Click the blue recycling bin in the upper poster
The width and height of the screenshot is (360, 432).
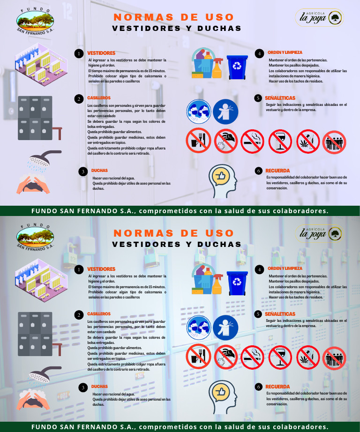237,67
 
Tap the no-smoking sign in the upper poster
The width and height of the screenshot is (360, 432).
253,141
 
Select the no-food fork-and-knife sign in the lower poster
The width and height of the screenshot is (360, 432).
198,358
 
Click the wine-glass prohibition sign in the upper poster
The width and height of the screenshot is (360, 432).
280,141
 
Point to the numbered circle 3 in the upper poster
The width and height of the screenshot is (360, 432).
82,171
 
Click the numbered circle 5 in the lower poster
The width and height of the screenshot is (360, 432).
258,314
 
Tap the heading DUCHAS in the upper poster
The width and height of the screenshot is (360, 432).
99,171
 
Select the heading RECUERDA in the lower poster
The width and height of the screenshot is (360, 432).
277,387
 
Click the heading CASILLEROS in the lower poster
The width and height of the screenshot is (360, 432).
99,313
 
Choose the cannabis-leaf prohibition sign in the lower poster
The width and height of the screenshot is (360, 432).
308,358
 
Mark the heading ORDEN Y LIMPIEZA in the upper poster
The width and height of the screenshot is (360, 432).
285,52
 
